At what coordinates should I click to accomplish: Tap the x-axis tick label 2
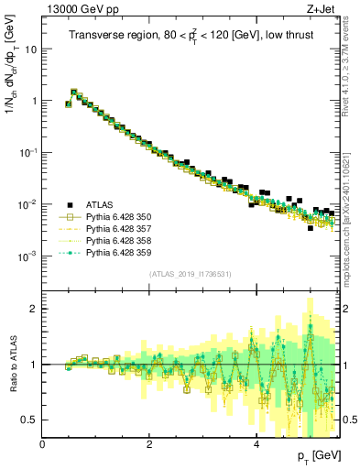[149, 443]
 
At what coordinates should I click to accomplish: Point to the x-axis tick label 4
[256, 443]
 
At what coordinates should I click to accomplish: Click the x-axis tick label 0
[43, 443]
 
